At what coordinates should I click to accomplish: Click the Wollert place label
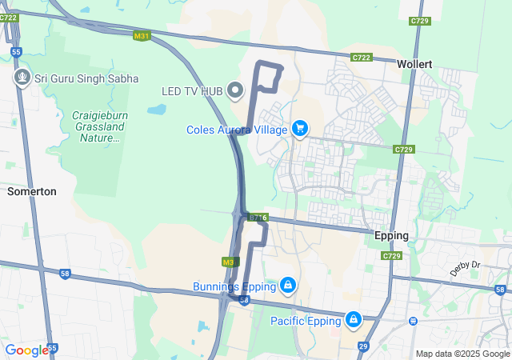[x=414, y=63]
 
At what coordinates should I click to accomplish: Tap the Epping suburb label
[x=391, y=236]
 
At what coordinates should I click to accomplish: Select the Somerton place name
[x=31, y=192]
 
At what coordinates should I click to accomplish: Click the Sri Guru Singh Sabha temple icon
[x=22, y=78]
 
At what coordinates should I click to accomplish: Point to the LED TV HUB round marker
[x=235, y=91]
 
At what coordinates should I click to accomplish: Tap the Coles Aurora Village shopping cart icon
[x=300, y=129]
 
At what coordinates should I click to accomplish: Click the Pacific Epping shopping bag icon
[x=353, y=321]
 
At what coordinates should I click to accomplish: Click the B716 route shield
[x=257, y=217]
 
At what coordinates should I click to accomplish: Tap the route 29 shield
[x=362, y=346]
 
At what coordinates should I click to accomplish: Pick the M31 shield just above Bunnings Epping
[x=230, y=262]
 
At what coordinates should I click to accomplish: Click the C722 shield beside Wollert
[x=362, y=58]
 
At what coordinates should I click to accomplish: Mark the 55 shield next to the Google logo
[x=53, y=348]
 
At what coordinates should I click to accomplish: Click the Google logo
[x=26, y=350]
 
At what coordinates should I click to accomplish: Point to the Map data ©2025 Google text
[x=462, y=354]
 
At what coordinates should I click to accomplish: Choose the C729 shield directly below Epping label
[x=391, y=256]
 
